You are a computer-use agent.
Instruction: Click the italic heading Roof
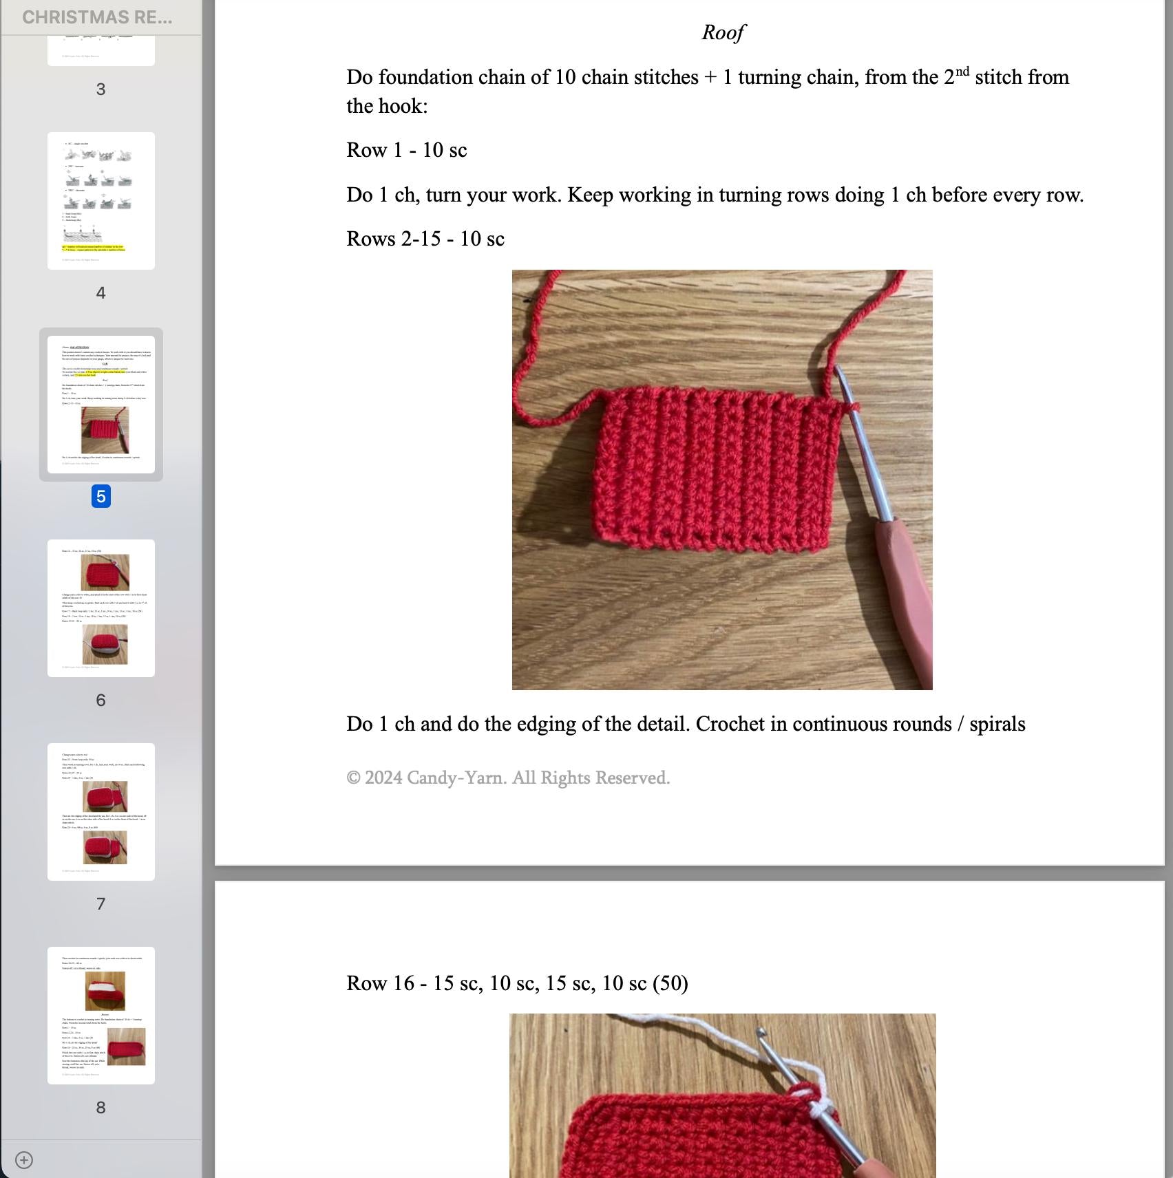(723, 32)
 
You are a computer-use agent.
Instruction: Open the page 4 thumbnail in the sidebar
(101, 201)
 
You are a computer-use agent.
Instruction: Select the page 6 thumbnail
(101, 608)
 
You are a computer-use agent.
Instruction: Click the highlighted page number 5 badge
(101, 496)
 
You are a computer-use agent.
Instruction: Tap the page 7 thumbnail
(101, 811)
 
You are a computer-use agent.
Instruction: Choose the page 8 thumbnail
(101, 1015)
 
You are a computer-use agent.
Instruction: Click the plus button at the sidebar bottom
(24, 1160)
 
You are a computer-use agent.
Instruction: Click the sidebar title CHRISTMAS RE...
(97, 17)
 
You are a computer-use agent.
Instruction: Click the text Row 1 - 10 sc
(406, 150)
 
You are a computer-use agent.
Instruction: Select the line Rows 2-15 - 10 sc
(425, 239)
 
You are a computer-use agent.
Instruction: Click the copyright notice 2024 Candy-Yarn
(508, 778)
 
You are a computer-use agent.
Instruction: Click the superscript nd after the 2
(962, 72)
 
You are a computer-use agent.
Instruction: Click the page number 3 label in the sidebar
(101, 89)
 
